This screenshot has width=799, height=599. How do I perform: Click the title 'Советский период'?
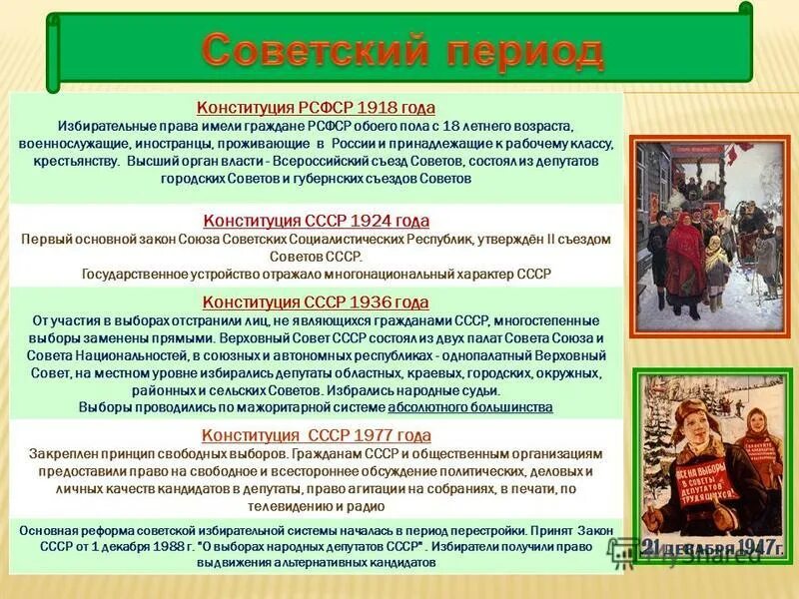402,51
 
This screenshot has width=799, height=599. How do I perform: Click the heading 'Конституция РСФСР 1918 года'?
316,108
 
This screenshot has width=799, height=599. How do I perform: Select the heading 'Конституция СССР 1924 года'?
316,221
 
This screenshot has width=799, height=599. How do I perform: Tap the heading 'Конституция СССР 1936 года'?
316,301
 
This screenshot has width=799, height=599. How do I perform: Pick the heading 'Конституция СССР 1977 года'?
316,435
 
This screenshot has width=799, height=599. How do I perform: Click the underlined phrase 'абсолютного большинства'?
469,407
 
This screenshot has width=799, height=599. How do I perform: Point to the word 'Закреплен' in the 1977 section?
62,454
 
